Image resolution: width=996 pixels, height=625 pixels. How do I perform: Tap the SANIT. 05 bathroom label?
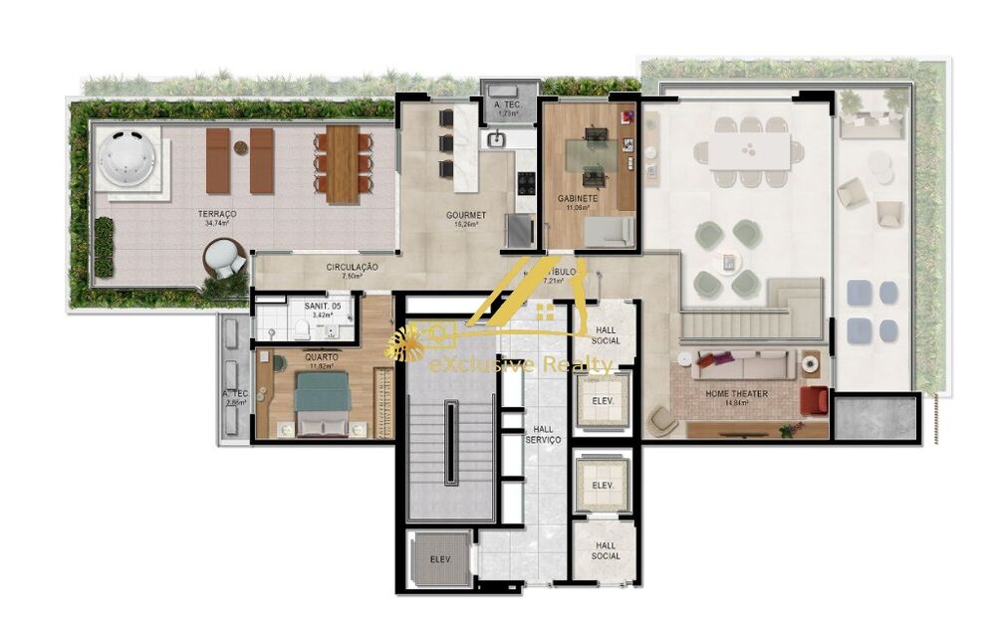[321, 308]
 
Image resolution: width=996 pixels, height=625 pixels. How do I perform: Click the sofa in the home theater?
[743, 365]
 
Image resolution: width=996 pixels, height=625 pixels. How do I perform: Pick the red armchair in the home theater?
[814, 400]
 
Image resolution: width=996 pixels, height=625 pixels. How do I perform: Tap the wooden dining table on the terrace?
[343, 162]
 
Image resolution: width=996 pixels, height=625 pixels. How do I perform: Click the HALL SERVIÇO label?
[544, 432]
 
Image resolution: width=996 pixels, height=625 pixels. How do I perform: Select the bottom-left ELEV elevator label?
[440, 559]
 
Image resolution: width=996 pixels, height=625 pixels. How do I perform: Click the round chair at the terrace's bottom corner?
[225, 261]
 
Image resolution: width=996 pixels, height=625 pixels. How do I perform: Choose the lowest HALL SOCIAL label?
[606, 550]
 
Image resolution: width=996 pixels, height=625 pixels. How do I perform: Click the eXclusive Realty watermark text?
[520, 366]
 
